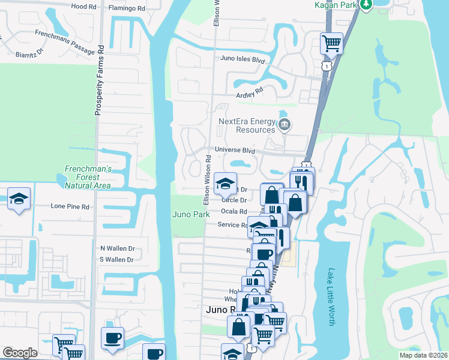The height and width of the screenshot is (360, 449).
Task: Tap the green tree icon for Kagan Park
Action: coord(365,4)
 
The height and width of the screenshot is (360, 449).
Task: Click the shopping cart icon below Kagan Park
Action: coord(331,43)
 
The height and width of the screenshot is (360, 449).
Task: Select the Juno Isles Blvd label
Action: coord(243,60)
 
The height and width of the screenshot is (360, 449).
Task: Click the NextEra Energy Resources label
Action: coord(246,125)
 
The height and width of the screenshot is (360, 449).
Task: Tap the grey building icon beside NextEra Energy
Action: coord(285,125)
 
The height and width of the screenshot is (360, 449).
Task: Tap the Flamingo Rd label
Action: coord(127,9)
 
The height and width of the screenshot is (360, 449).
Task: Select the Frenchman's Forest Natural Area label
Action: coord(88,178)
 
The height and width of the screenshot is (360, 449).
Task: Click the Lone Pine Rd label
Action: coord(70,206)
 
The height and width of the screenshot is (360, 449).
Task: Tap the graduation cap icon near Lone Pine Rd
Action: coord(19,199)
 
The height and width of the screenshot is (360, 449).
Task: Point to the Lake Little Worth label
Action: coord(331,296)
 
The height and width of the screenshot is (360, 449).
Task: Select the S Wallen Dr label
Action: coord(116,260)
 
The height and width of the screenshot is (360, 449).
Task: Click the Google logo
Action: coord(20,353)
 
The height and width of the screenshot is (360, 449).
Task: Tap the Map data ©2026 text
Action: coord(423,355)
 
